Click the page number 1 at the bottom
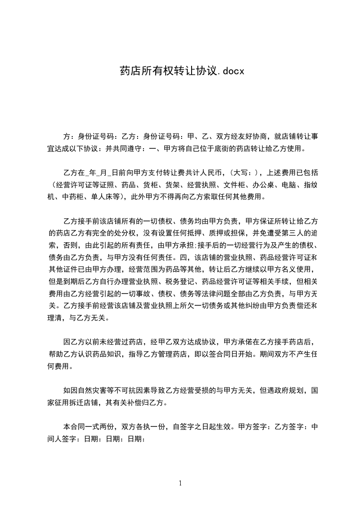[180, 483]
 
